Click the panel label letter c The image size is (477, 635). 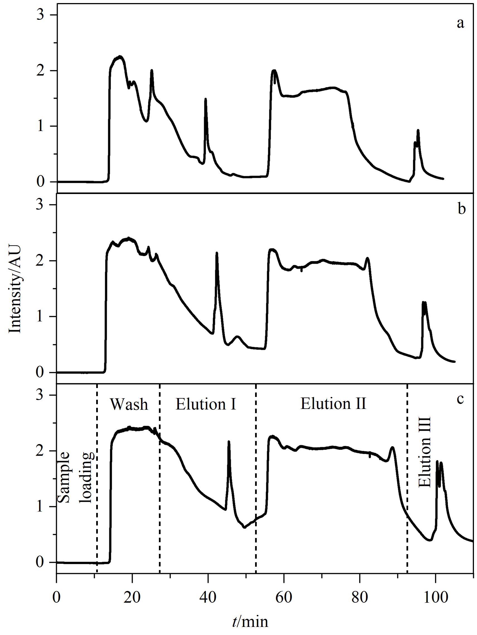461,399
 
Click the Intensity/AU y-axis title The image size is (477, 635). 15,288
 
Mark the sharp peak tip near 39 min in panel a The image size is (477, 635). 205,99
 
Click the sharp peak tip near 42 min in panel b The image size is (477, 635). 217,253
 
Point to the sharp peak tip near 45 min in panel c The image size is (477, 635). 229,442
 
